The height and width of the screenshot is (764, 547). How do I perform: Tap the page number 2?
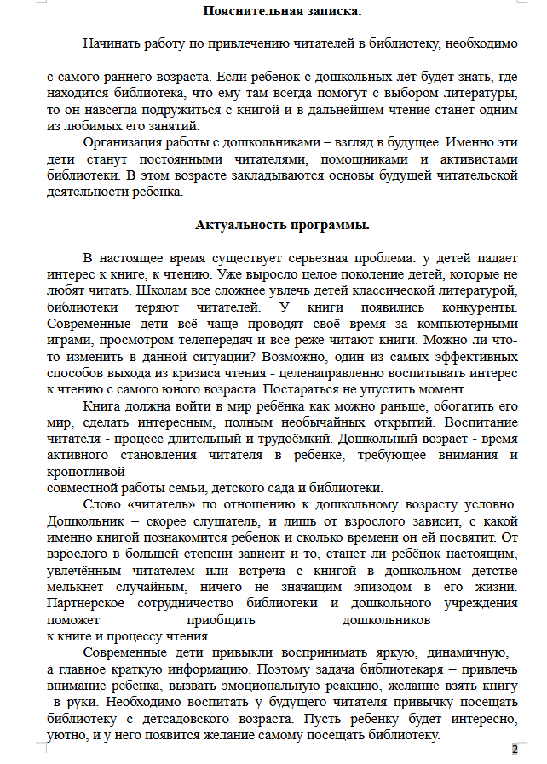click(515, 750)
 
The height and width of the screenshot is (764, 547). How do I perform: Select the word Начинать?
click(114, 43)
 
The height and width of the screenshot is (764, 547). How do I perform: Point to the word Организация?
click(125, 143)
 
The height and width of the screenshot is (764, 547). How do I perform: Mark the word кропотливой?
click(87, 471)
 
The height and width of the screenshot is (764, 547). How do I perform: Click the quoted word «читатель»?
click(160, 504)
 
